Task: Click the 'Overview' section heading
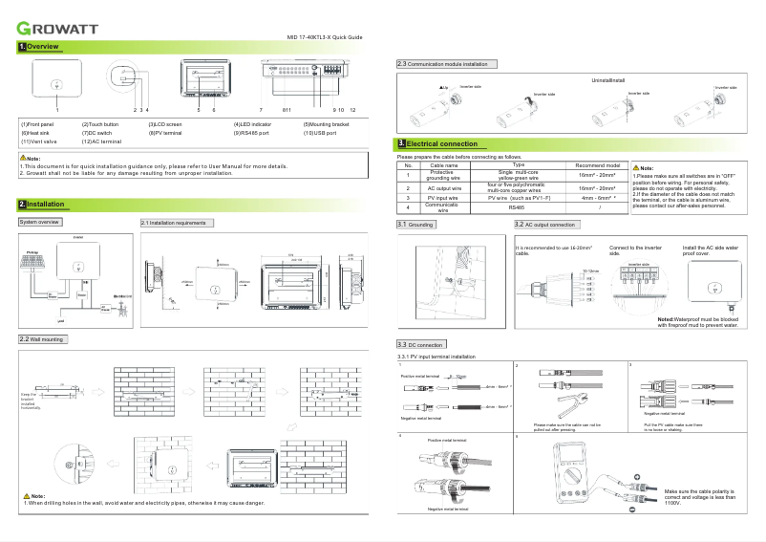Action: click(x=43, y=47)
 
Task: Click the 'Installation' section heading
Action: click(x=45, y=205)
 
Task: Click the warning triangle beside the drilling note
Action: click(x=27, y=496)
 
